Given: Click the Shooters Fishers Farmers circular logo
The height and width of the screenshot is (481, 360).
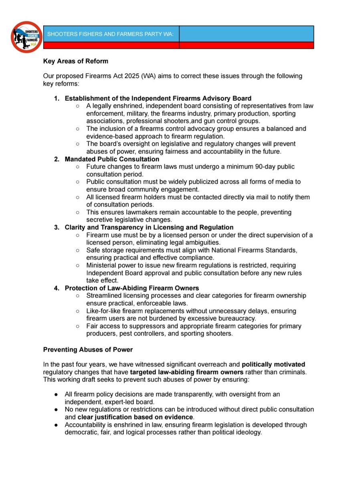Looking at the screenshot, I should pyautogui.click(x=27, y=37).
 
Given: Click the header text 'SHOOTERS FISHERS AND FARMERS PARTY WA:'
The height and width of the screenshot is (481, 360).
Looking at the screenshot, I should pyautogui.click(x=110, y=34).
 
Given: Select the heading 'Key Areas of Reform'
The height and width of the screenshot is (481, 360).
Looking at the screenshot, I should pyautogui.click(x=75, y=62).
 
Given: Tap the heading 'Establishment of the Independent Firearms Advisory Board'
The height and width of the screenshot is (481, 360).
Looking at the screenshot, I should pyautogui.click(x=158, y=98).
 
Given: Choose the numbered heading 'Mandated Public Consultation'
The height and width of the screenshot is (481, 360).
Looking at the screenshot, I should pyautogui.click(x=112, y=159).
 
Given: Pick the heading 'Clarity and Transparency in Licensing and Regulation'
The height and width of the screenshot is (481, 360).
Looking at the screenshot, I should pyautogui.click(x=149, y=227).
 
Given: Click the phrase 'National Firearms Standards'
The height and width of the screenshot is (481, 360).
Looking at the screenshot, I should pyautogui.click(x=257, y=250).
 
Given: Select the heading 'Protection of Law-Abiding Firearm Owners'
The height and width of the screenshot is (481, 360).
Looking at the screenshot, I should pyautogui.click(x=131, y=288).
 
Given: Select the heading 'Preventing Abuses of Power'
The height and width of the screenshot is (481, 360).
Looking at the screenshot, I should pyautogui.click(x=88, y=350).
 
